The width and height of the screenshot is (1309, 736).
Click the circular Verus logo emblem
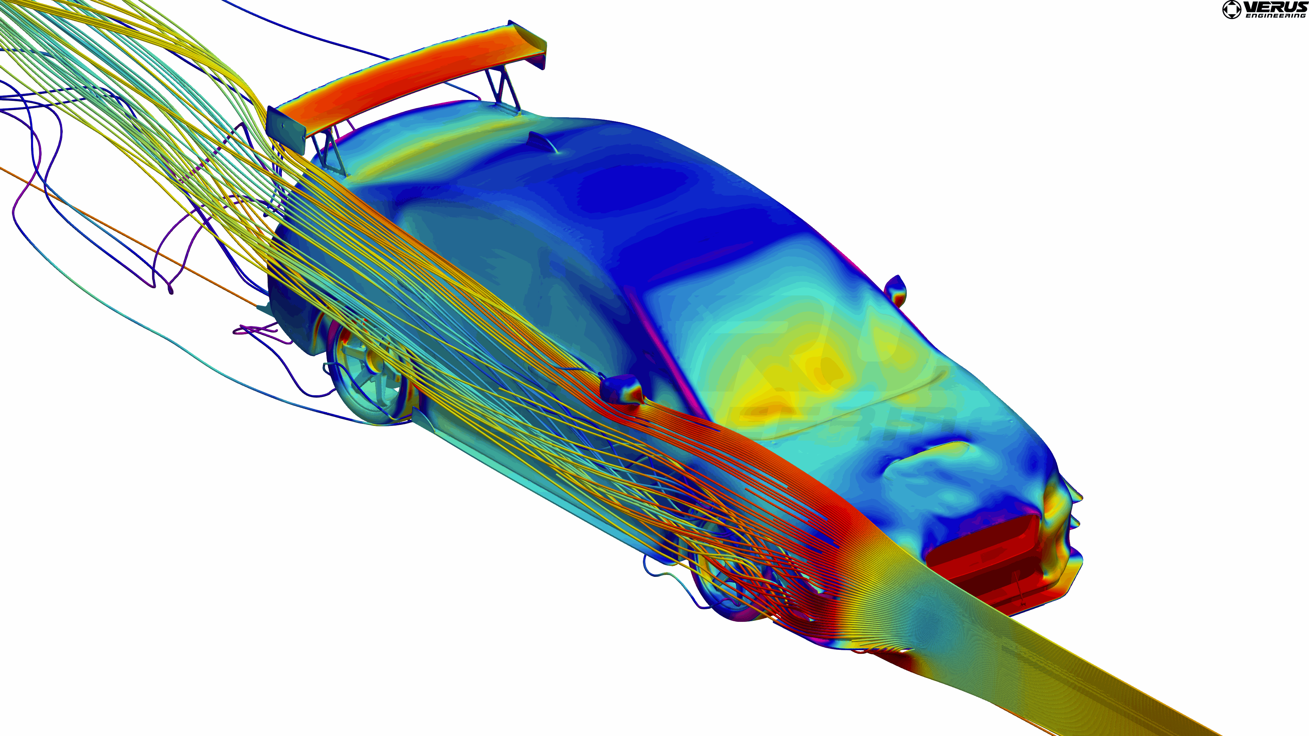pos(1231,10)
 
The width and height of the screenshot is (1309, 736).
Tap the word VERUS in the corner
pos(1276,7)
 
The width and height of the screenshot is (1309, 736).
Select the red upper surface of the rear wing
pos(407,81)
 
